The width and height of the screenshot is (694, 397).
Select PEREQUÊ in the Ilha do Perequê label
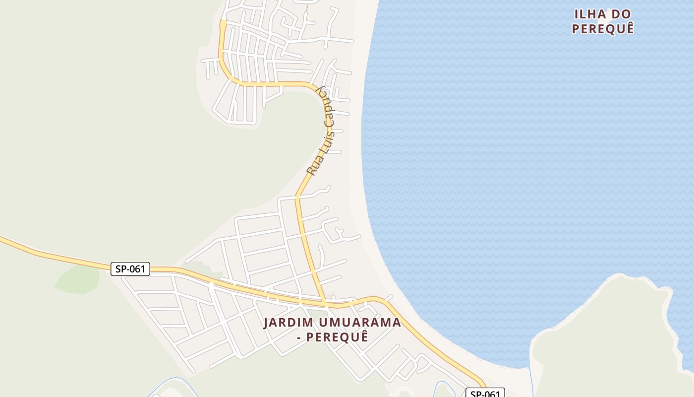603,29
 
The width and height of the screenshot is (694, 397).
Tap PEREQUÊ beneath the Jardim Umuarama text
337,337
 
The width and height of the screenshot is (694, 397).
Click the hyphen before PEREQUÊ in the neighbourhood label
298,337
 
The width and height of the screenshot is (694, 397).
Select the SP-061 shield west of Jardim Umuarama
130,269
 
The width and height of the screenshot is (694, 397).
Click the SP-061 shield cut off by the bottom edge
484,394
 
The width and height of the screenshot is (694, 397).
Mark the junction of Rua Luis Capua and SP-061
324,301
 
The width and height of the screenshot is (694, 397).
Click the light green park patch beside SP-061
78,280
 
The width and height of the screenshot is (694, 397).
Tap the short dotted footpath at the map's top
307,7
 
